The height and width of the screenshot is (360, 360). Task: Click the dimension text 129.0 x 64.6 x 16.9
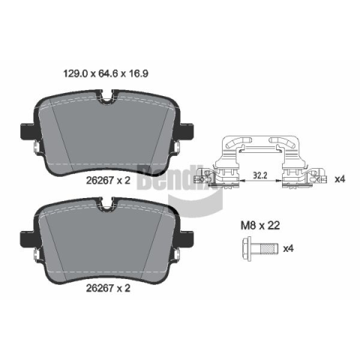point(106,73)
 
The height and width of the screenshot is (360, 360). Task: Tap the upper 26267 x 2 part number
point(108,180)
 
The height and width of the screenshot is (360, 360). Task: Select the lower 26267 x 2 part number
point(108,288)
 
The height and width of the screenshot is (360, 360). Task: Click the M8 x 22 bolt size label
point(260,226)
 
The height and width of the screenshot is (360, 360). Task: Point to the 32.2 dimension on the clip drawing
point(260,175)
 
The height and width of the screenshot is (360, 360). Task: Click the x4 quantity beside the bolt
point(288,248)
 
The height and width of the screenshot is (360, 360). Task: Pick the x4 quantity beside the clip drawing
point(340,179)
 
